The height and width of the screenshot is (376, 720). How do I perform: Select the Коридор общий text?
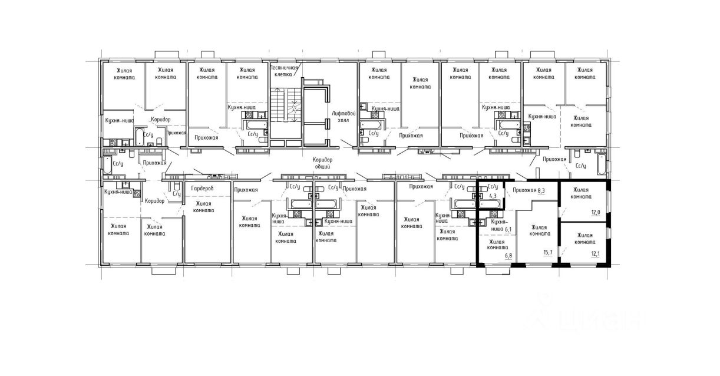(323, 163)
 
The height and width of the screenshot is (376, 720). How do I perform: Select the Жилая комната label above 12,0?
(581, 193)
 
